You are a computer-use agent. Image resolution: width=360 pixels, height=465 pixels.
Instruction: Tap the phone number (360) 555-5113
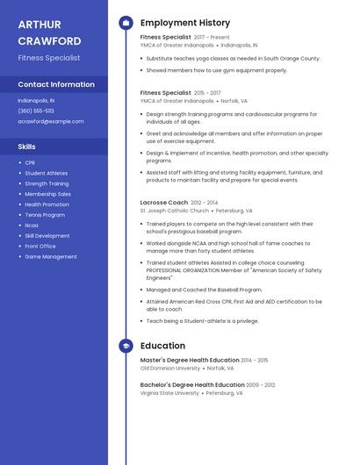36,111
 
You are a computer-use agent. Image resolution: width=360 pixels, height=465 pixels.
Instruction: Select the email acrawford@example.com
51,121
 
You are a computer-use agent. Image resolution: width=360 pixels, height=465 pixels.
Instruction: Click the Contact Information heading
56,84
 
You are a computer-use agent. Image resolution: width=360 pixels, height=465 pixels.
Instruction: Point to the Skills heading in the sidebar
27,147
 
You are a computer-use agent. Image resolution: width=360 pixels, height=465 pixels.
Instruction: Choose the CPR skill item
30,162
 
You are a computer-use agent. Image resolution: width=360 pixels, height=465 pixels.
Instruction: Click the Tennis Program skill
45,215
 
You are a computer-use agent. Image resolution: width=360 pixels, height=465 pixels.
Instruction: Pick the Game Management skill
51,257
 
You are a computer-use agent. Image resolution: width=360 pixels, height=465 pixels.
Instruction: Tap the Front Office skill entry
40,247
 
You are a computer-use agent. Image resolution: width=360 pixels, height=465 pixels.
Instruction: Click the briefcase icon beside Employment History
126,23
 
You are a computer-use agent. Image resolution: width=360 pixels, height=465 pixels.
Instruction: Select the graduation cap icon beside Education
126,346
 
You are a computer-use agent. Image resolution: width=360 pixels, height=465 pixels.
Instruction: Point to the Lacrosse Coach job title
164,202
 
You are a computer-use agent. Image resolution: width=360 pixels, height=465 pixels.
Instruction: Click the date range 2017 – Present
212,38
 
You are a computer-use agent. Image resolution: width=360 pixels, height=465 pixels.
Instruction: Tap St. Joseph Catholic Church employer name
175,211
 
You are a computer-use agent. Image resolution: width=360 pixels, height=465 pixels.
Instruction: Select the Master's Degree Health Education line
190,360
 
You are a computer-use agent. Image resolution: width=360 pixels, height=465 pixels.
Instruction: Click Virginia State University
169,393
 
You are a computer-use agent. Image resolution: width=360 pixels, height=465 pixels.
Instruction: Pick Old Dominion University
170,368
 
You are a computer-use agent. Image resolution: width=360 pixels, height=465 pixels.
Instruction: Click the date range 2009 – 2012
261,384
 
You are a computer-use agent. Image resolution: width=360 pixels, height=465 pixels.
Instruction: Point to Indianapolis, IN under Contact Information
36,100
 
